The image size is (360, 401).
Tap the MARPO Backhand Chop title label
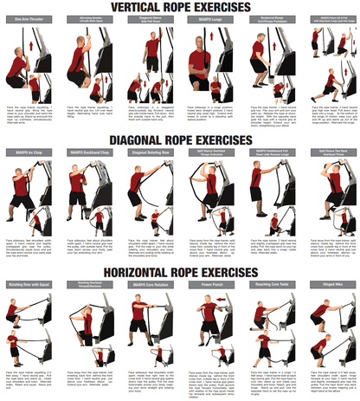pos(91,152)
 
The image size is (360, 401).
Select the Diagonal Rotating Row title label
pos(150,152)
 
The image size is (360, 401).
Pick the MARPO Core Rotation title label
pos(150,284)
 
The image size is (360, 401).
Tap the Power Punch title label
pos(209,284)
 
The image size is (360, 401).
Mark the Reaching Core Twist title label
pos(268,284)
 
